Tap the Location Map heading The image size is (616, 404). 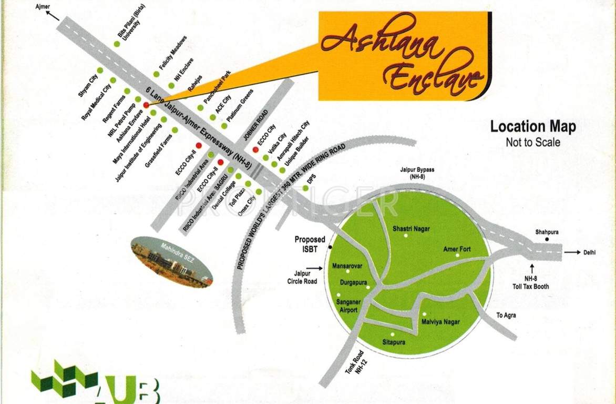(532, 127)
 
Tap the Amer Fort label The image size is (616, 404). (457, 249)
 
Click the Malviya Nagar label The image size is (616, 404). (441, 321)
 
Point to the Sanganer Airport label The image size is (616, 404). (347, 306)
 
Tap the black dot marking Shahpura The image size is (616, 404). (547, 239)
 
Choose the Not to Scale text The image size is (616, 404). (532, 142)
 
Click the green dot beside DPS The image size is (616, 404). (305, 188)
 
